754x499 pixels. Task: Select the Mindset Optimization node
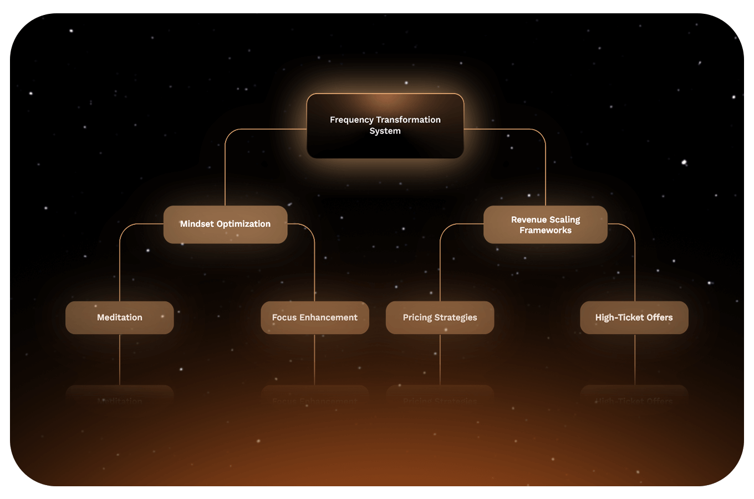225,224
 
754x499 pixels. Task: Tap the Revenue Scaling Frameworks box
546,225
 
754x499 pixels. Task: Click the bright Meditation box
120,317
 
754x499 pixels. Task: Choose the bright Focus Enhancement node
315,317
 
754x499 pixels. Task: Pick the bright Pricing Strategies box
440,317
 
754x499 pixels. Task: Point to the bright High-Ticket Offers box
634,317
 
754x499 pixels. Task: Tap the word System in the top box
385,131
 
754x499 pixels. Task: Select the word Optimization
243,224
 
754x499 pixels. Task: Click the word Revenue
529,220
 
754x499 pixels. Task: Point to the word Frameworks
546,230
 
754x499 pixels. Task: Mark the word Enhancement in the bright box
328,317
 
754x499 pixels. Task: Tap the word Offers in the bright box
659,317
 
